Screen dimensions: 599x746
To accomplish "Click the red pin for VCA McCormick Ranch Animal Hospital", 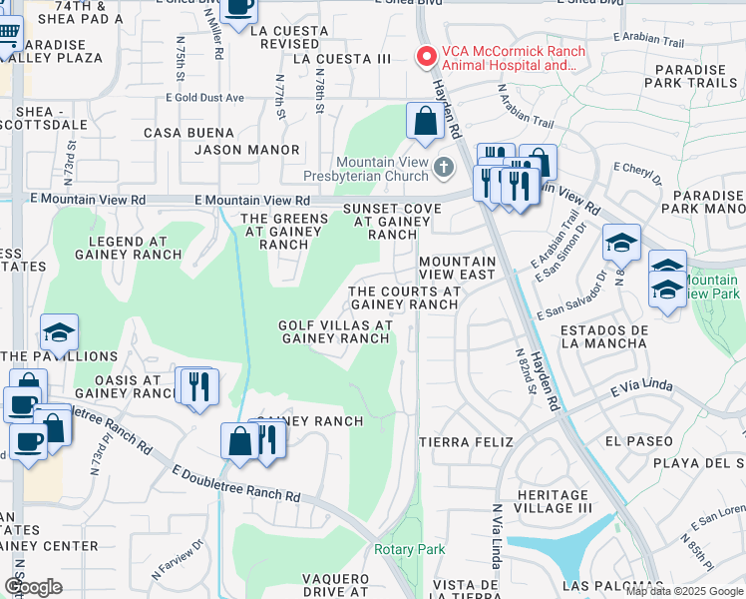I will tap(427, 58).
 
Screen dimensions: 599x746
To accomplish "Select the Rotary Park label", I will tap(409, 549).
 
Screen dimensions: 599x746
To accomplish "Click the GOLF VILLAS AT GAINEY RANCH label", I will tap(334, 331).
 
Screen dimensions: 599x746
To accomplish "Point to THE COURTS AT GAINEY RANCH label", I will tap(404, 298).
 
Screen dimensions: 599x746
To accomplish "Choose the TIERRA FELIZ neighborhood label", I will tap(466, 441).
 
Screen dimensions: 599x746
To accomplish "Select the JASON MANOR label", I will tap(247, 150).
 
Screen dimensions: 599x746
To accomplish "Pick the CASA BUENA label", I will tap(189, 132).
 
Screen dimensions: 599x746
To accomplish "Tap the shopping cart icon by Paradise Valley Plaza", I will tap(8, 33).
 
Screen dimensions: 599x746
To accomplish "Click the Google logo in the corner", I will tap(33, 587).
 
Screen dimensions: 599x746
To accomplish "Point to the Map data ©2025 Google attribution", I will tap(685, 591).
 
